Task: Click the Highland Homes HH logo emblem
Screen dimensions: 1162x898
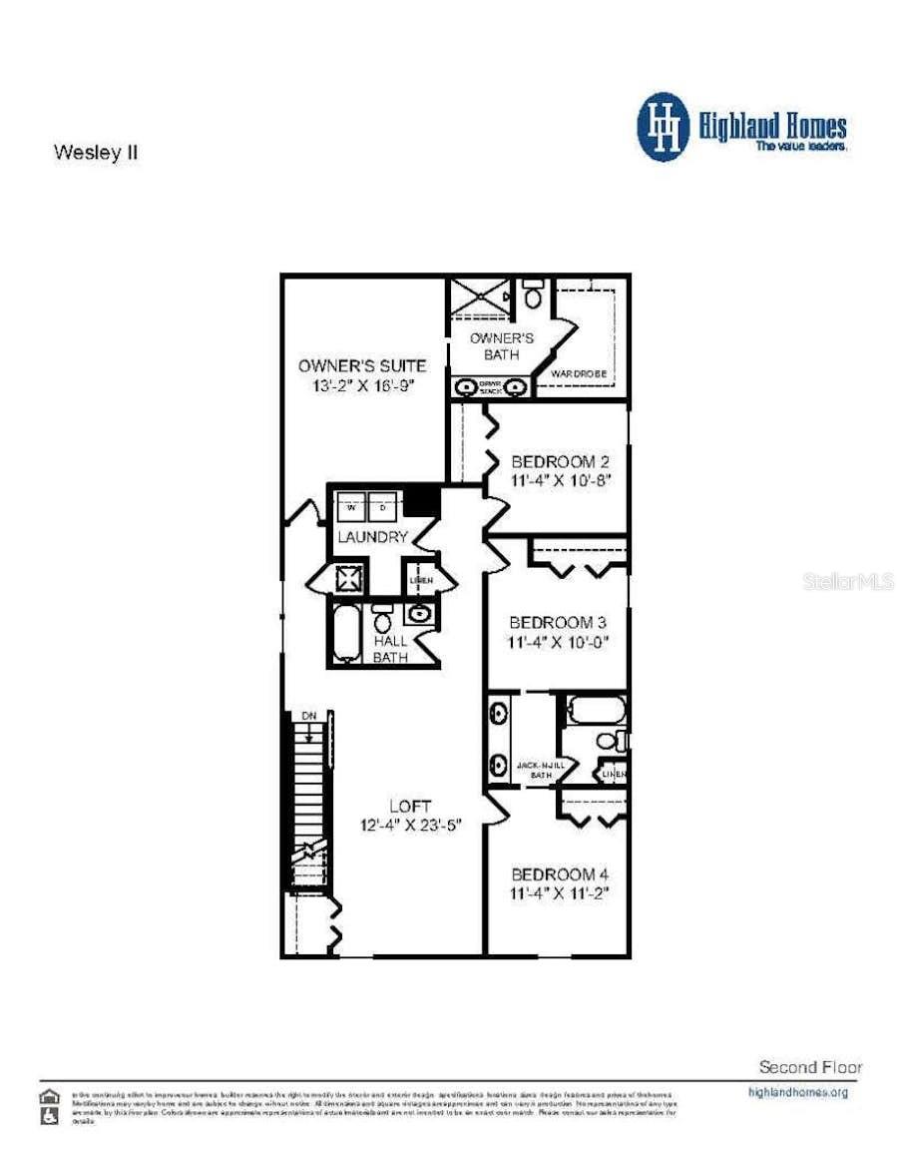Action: (x=664, y=127)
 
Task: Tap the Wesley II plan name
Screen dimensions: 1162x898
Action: (x=95, y=154)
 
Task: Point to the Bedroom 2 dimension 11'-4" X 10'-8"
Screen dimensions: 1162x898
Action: (x=560, y=480)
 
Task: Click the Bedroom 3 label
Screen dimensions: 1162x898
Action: (x=560, y=620)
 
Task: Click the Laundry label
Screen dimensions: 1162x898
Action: (x=371, y=537)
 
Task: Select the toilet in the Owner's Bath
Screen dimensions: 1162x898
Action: (x=533, y=294)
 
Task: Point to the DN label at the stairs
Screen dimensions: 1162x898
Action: (x=309, y=717)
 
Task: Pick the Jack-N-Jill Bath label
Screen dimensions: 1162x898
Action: (x=541, y=770)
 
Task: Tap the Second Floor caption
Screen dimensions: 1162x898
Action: (x=810, y=1067)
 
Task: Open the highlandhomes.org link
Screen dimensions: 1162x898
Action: (x=797, y=1092)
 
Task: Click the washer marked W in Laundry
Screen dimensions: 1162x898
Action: (x=351, y=507)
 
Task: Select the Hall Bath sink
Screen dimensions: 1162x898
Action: (x=417, y=614)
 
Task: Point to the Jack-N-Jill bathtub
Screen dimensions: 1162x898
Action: (x=596, y=711)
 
